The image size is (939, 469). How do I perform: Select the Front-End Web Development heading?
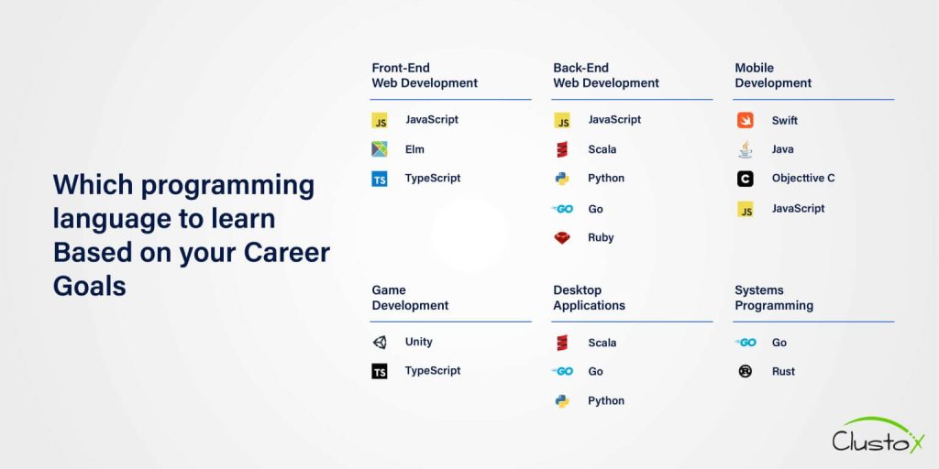425,75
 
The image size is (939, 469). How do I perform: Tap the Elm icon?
380,149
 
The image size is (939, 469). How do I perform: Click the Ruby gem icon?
562,237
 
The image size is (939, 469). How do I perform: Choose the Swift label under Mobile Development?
784,120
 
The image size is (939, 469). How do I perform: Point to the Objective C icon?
746,179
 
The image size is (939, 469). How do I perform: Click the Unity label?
418,342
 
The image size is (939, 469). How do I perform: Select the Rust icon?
746,371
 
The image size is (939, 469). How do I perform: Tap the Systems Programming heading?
774,298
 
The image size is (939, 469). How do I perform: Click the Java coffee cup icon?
746,149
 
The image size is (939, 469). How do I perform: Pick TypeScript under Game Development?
433,371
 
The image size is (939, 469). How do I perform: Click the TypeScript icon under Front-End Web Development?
380,179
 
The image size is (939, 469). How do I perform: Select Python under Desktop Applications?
606,400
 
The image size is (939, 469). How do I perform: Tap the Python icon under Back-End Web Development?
562,179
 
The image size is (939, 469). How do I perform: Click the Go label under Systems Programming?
779,343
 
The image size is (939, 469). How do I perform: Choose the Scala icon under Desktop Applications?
562,343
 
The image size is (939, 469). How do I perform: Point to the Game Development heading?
410,298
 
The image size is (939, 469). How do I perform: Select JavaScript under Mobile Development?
798,209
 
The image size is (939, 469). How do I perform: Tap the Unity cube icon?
380,342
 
